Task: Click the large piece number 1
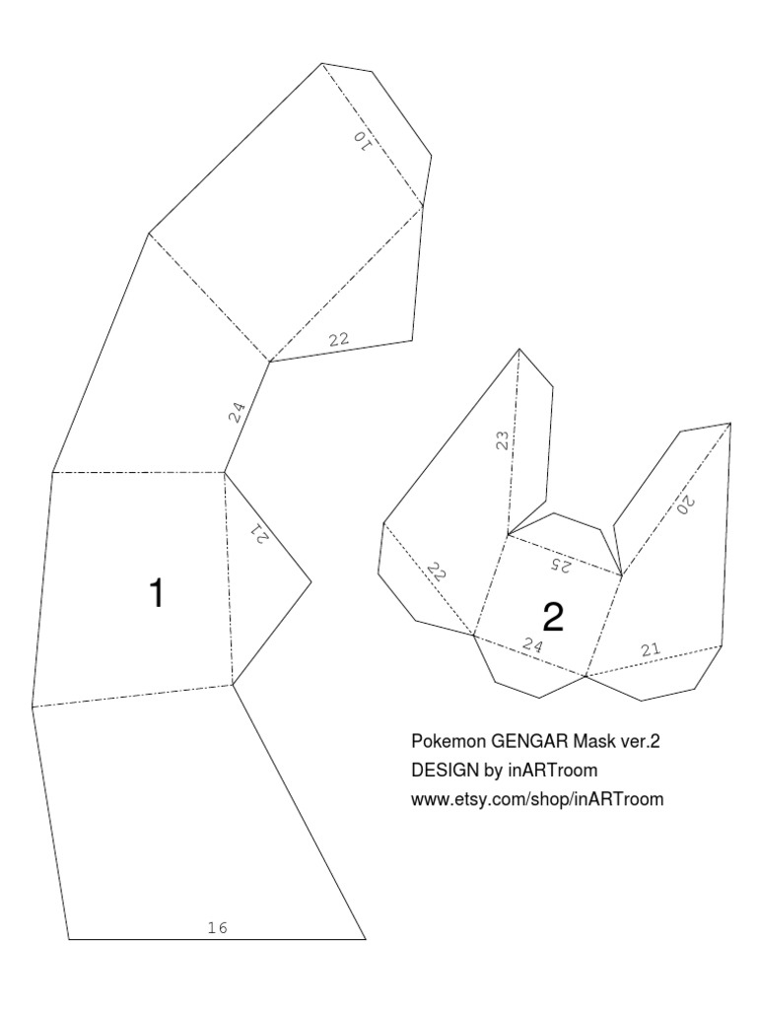pyautogui.click(x=155, y=594)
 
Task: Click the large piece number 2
pyautogui.click(x=553, y=617)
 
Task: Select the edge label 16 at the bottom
pyautogui.click(x=219, y=927)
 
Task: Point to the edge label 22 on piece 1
pyautogui.click(x=339, y=339)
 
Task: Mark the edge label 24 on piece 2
pyautogui.click(x=532, y=647)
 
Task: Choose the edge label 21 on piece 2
pyautogui.click(x=650, y=648)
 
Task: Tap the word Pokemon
pyautogui.click(x=441, y=740)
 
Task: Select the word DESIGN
pyautogui.click(x=441, y=769)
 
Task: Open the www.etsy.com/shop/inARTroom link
pyautogui.click(x=537, y=798)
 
